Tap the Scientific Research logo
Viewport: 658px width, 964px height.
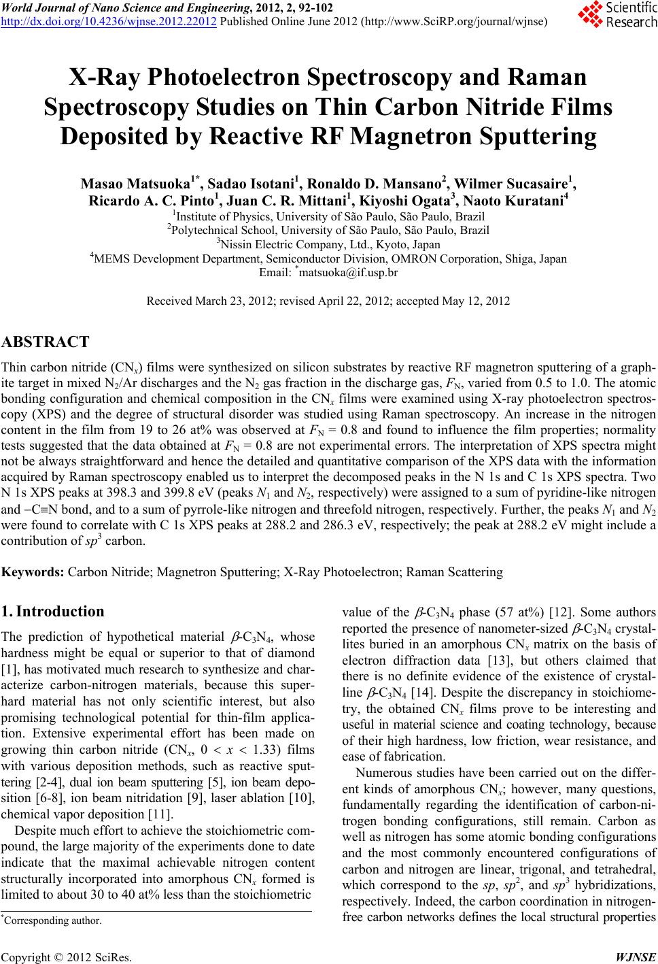coord(616,14)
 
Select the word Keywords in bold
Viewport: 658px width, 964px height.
coord(32,572)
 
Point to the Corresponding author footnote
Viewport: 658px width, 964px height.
coord(54,921)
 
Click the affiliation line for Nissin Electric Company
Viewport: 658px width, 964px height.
coord(328,244)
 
